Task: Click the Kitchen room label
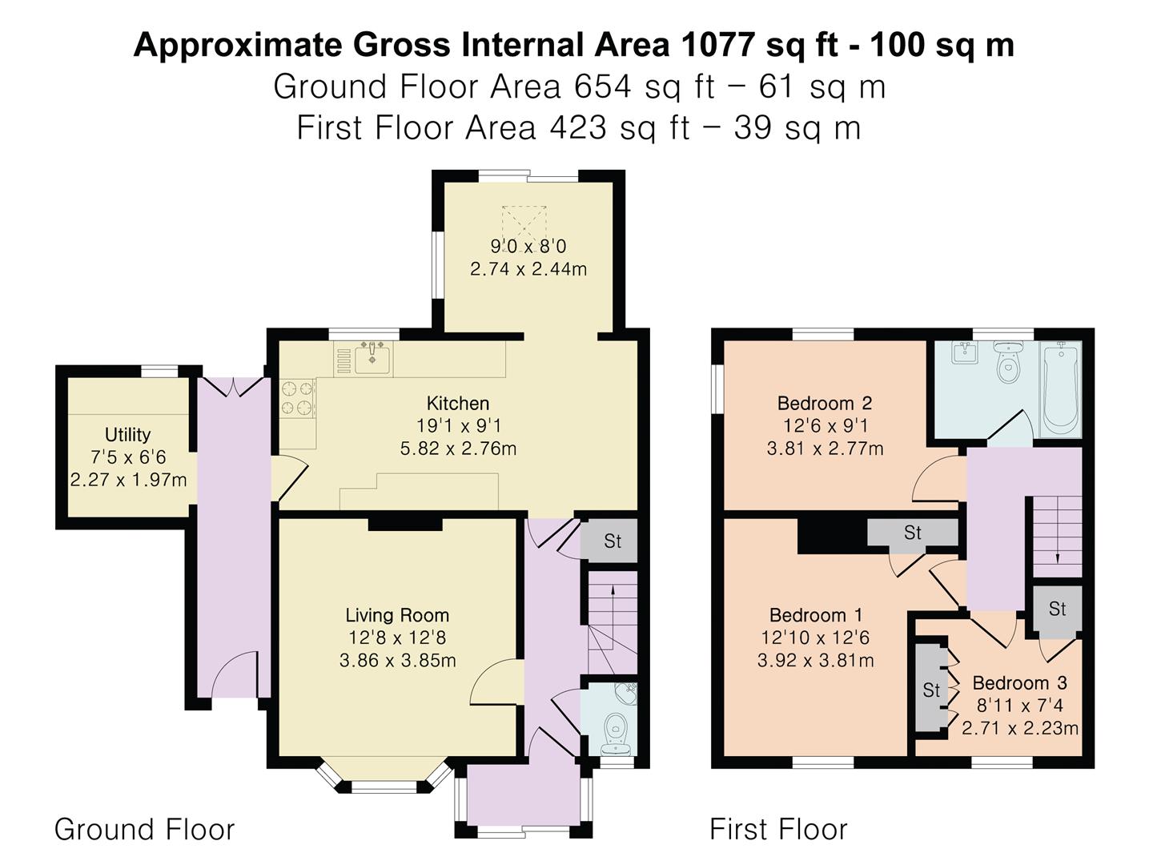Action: (457, 404)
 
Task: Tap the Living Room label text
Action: (397, 615)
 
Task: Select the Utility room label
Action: (127, 435)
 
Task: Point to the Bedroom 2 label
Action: (824, 404)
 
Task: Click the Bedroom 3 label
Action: (1019, 682)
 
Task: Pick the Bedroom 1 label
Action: (816, 615)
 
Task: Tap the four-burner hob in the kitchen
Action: (298, 398)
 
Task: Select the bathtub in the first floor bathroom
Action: (1061, 389)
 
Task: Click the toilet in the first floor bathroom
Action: (1006, 361)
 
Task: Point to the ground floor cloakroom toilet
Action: (613, 733)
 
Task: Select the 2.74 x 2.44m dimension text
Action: (528, 269)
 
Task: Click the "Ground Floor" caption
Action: (144, 829)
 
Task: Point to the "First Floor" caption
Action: (778, 829)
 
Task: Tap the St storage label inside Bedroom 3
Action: (930, 690)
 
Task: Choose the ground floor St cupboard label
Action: (613, 541)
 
